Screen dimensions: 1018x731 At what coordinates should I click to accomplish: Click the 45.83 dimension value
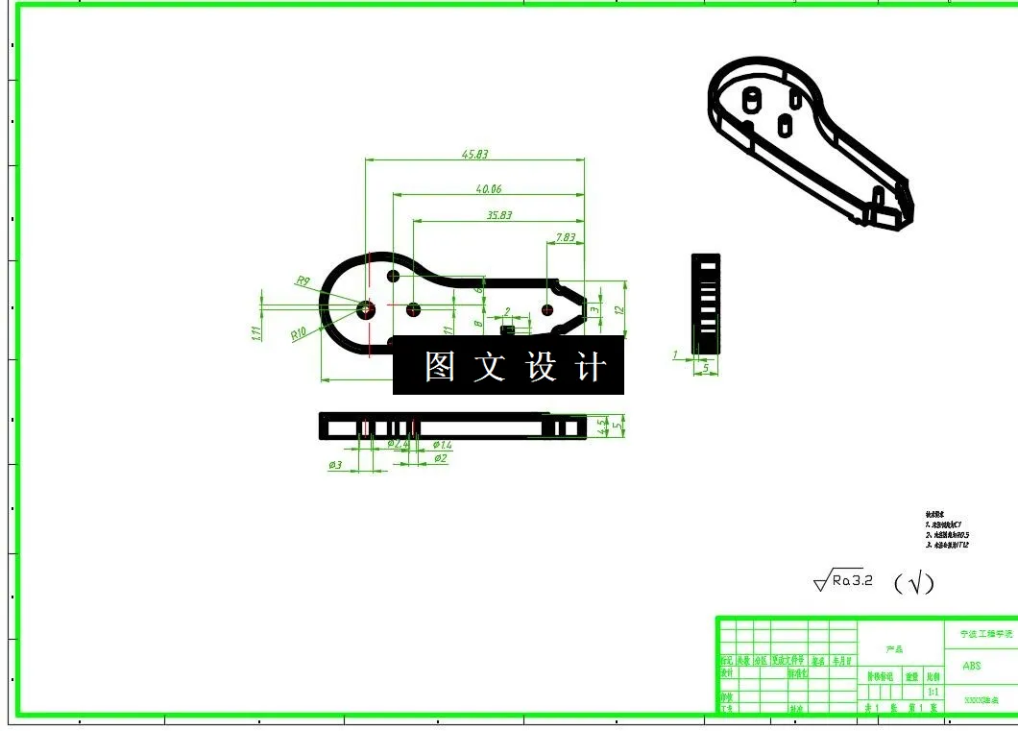click(474, 154)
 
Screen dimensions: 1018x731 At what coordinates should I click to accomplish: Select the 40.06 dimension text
click(489, 189)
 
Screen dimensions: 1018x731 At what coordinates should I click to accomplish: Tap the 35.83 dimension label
click(499, 215)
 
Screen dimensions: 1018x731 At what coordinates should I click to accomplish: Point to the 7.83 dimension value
click(565, 237)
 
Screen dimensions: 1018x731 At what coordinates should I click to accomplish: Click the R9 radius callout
click(303, 281)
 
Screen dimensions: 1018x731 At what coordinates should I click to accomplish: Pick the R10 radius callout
click(299, 334)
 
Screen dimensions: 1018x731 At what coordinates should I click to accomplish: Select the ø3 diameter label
click(335, 465)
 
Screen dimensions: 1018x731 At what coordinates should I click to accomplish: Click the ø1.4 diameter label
click(442, 445)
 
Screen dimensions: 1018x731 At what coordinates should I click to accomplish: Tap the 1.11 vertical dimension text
click(256, 333)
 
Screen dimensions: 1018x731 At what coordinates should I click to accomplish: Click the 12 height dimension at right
click(620, 310)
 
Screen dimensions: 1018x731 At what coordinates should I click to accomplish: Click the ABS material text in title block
click(971, 666)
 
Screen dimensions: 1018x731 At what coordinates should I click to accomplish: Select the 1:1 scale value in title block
click(932, 692)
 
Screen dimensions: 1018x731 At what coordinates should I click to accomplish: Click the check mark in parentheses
click(913, 582)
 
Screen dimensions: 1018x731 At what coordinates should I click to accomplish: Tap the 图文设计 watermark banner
click(509, 366)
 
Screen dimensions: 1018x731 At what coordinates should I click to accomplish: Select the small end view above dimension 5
click(706, 300)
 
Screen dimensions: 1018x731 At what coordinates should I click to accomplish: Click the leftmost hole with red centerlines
click(366, 309)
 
